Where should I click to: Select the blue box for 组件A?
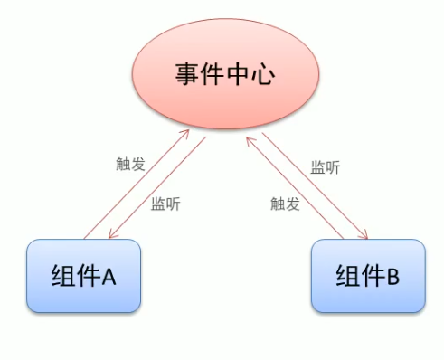84,276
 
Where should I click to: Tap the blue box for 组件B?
367,276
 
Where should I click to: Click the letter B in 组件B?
392,277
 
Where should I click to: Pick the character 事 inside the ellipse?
187,74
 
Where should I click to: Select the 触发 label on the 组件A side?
131,165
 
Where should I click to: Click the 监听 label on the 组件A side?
165,204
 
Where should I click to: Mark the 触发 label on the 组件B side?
285,204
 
